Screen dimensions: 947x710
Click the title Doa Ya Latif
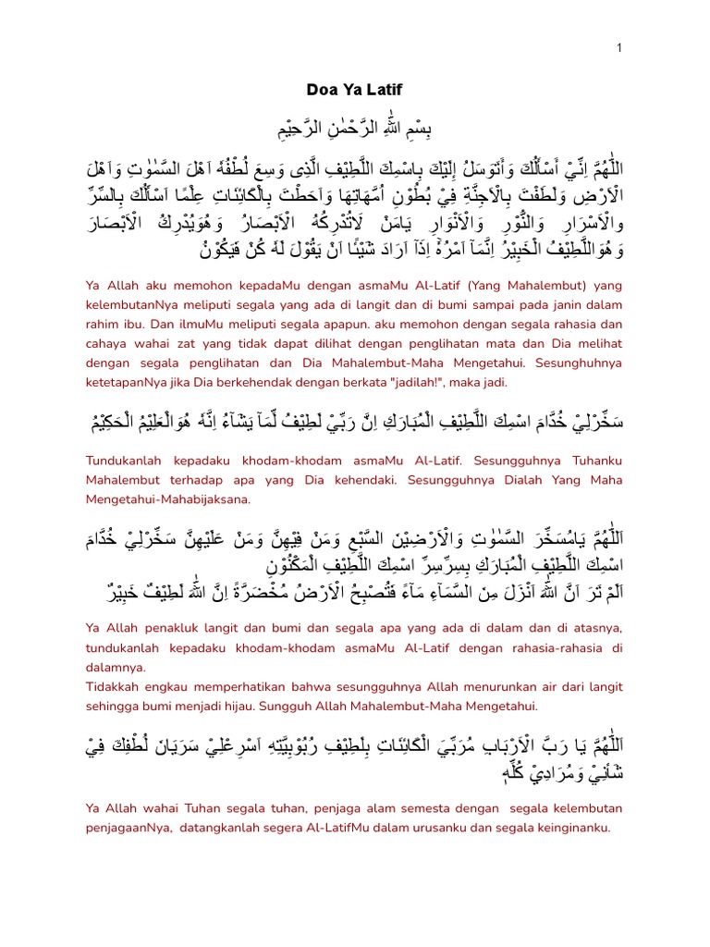point(354,90)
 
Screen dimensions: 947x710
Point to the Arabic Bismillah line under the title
point(354,126)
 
